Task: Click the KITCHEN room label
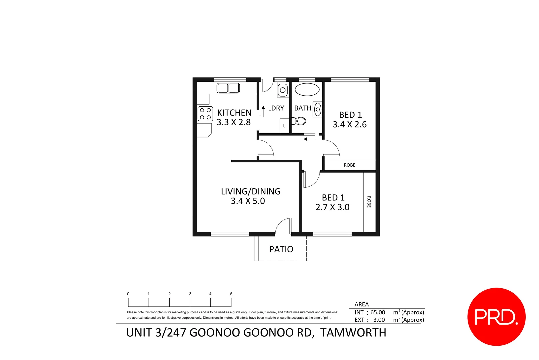(234, 113)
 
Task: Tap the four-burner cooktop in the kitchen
(205, 113)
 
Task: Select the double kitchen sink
(228, 88)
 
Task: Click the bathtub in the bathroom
(307, 90)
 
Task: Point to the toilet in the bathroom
(299, 121)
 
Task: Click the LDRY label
(276, 108)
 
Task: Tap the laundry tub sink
(283, 90)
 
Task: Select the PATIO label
(281, 249)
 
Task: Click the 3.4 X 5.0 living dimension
(248, 201)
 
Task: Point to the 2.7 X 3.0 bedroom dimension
(332, 207)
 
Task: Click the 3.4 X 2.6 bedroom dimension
(349, 124)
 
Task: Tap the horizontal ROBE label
(349, 165)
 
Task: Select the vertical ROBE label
(369, 202)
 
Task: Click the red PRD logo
(496, 316)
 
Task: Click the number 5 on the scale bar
(231, 294)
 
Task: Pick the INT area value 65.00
(377, 312)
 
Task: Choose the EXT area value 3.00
(379, 320)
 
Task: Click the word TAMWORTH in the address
(353, 333)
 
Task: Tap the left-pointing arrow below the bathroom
(309, 139)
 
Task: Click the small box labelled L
(284, 126)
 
